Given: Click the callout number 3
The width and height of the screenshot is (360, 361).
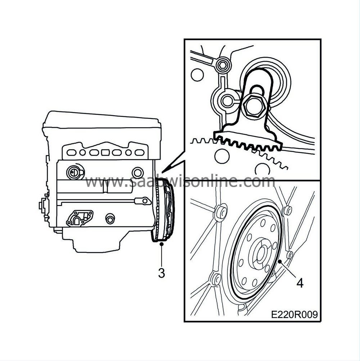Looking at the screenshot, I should [x=162, y=273].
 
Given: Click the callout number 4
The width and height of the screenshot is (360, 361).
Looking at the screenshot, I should [x=300, y=282].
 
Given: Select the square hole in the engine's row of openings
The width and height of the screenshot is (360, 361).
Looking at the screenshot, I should [x=105, y=152].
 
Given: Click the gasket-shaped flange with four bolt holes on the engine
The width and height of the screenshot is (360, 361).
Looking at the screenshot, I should [x=80, y=218].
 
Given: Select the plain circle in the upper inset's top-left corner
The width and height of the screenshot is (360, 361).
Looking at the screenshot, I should [x=197, y=75].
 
